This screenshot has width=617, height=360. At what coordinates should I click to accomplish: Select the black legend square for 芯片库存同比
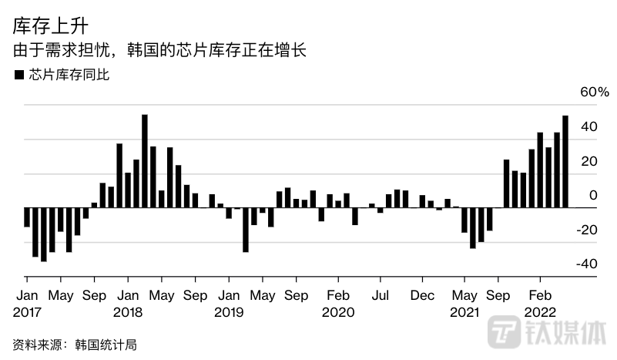click(18, 76)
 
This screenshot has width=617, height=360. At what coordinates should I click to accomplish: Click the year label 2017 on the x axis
click(28, 312)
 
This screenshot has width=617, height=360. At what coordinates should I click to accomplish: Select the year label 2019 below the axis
click(230, 312)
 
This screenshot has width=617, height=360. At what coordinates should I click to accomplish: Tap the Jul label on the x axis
click(380, 295)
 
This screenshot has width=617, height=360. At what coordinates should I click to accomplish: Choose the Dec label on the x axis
click(422, 295)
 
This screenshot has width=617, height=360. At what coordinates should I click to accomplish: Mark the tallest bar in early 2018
click(145, 161)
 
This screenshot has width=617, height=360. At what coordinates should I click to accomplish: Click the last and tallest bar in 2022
click(565, 161)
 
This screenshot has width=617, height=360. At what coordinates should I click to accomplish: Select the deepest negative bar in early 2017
click(44, 234)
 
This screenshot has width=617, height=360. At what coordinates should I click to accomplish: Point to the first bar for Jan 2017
click(27, 217)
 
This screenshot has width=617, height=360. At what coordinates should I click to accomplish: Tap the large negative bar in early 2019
click(246, 230)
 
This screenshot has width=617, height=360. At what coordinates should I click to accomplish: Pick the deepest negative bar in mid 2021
click(473, 227)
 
